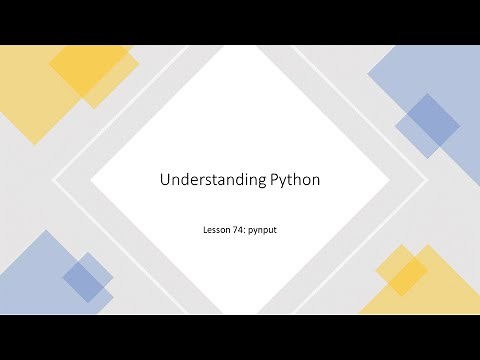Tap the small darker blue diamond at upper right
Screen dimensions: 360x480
(428, 126)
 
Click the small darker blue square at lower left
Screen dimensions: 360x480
(88, 277)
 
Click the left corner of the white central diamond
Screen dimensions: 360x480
(93, 180)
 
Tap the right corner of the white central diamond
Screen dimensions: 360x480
(389, 180)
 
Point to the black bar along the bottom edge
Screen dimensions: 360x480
(240, 337)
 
